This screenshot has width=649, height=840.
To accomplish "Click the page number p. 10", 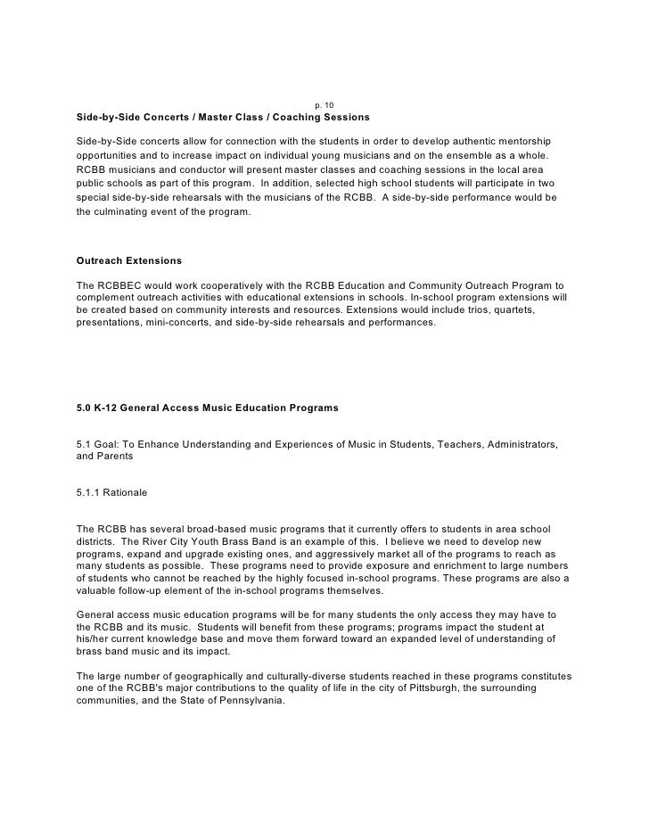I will pos(324,106).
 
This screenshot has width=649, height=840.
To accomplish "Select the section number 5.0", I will pos(86,408).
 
